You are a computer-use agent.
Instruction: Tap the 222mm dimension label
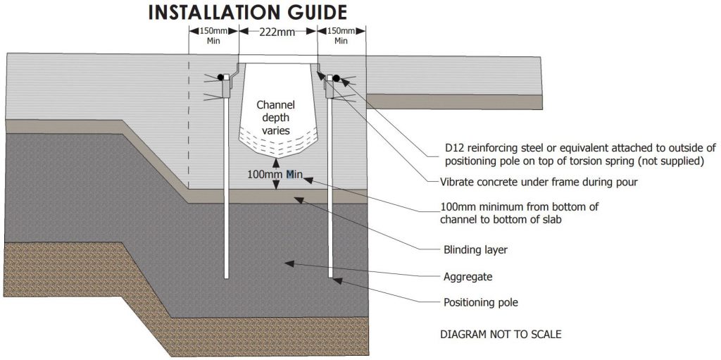277,31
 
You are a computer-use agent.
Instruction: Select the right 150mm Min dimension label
341,35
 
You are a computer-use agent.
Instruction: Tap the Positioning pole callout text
481,303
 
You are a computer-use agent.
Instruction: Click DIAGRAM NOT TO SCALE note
501,334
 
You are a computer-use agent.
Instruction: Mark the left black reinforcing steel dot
220,76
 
